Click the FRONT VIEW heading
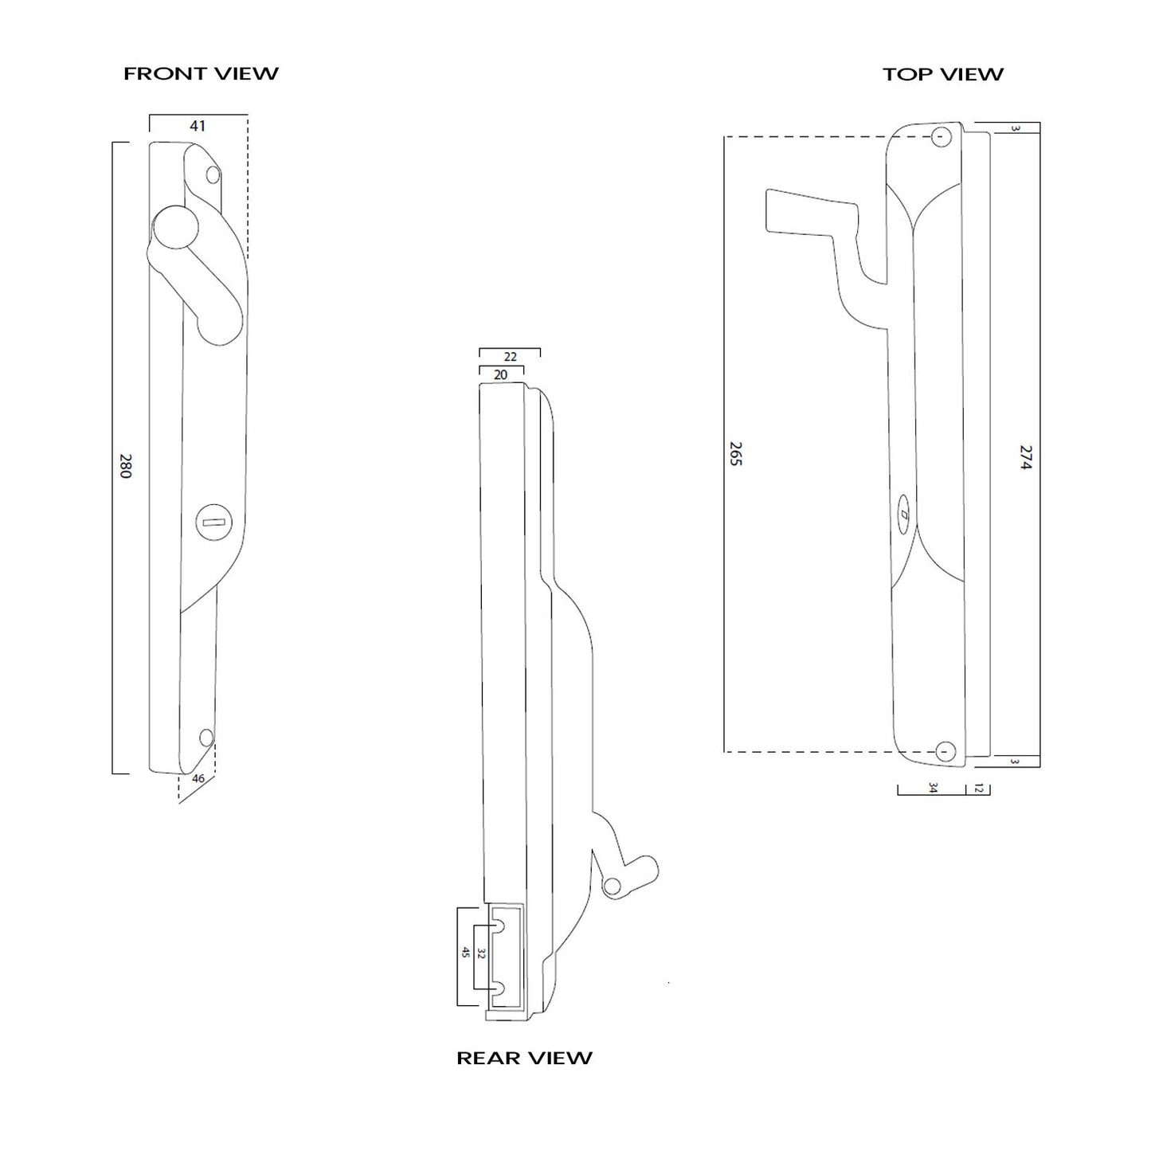(201, 74)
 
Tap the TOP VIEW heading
(942, 75)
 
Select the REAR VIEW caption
(524, 1058)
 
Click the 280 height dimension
(125, 466)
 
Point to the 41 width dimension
(198, 126)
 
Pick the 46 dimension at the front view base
(198, 779)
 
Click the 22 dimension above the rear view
(511, 357)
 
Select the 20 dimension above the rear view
(501, 374)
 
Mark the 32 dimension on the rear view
(481, 953)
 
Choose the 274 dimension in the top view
(1025, 458)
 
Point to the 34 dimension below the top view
(933, 789)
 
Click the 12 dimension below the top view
(979, 789)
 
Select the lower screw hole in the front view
(207, 737)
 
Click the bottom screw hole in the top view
(945, 750)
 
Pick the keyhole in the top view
(904, 515)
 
